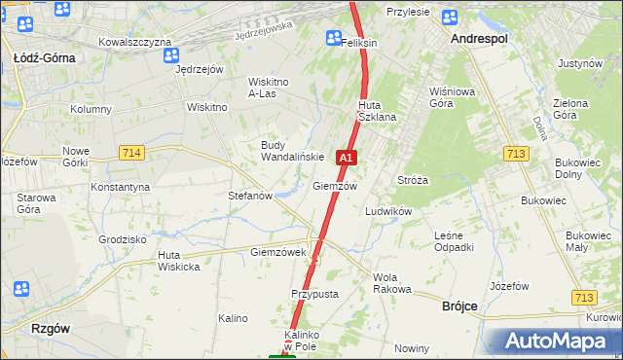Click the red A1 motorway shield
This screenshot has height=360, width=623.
pyautogui.click(x=346, y=157)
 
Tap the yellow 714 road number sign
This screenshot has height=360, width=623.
pyautogui.click(x=133, y=153)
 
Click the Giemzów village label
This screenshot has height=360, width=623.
pyautogui.click(x=335, y=186)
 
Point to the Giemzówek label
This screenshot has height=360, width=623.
pyautogui.click(x=278, y=252)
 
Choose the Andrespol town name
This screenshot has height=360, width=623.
pyautogui.click(x=480, y=38)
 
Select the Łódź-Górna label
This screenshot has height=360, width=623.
pyautogui.click(x=45, y=58)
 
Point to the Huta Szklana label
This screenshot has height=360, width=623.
pyautogui.click(x=377, y=111)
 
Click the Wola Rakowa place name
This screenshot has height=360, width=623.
pyautogui.click(x=392, y=283)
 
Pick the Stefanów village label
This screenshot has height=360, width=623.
pyautogui.click(x=249, y=196)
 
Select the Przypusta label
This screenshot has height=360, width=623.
pyautogui.click(x=314, y=293)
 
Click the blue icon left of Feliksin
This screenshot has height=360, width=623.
pyautogui.click(x=333, y=38)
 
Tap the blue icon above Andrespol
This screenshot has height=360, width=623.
pyautogui.click(x=449, y=18)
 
